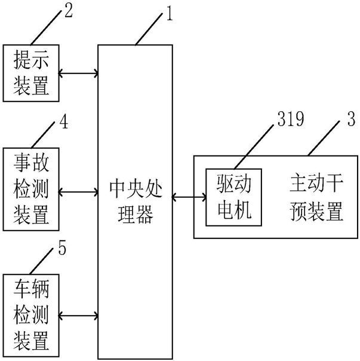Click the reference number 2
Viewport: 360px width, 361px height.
pyautogui.click(x=69, y=11)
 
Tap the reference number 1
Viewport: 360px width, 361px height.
pyautogui.click(x=170, y=14)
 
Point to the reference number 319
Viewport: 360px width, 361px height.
pyautogui.click(x=291, y=119)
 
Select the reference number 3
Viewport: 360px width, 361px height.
pyautogui.click(x=351, y=119)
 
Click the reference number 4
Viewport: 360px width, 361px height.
pyautogui.click(x=64, y=122)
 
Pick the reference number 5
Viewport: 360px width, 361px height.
pyautogui.click(x=62, y=247)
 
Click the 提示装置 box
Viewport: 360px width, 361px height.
pyautogui.click(x=31, y=73)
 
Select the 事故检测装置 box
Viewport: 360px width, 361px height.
pyautogui.click(x=31, y=189)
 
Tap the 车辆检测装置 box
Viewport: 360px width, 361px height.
pyautogui.click(x=31, y=316)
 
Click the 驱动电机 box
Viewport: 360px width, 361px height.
pyautogui.click(x=233, y=197)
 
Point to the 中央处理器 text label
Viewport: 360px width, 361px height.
pyautogui.click(x=136, y=201)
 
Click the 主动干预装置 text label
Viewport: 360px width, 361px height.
pyautogui.click(x=316, y=198)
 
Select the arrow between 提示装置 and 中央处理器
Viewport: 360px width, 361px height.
pyautogui.click(x=78, y=74)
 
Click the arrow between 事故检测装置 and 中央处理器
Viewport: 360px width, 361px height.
pyautogui.click(x=78, y=192)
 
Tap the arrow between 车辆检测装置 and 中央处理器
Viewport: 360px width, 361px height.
pyautogui.click(x=78, y=316)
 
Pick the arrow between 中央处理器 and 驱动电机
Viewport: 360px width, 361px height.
pyautogui.click(x=189, y=197)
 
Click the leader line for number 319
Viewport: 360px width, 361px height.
pyautogui.click(x=254, y=146)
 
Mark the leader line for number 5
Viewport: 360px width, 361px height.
pyautogui.click(x=42, y=262)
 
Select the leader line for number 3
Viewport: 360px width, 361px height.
pyautogui.click(x=324, y=138)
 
